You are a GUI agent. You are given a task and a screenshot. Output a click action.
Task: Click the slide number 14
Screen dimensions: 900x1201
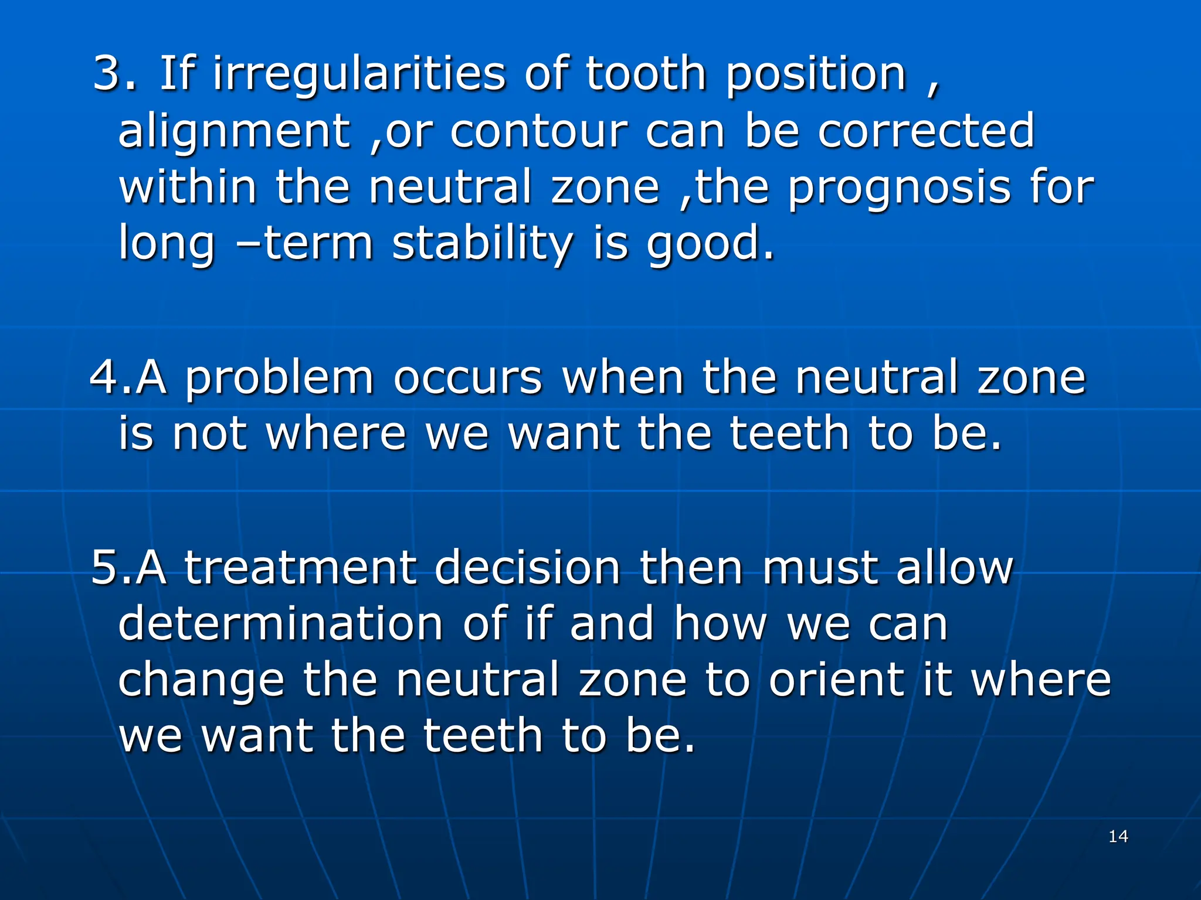pos(1118,836)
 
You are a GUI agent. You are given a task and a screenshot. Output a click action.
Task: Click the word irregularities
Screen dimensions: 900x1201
pos(359,75)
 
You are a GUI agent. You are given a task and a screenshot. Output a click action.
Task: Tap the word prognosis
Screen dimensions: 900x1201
pos(899,189)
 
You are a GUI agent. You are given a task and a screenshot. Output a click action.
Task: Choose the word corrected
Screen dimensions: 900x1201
pos(926,131)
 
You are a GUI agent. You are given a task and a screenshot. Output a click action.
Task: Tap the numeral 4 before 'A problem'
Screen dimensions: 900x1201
pos(103,378)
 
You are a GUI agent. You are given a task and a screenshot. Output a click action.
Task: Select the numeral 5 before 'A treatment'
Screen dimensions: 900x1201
pos(104,568)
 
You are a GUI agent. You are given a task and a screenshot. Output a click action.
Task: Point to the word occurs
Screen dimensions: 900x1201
pos(467,379)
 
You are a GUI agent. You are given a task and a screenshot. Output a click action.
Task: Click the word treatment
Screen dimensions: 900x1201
pos(300,568)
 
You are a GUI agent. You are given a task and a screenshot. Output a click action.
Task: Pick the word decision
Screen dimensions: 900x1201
pos(527,568)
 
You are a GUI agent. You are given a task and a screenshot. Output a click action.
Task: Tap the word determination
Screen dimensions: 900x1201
pos(280,624)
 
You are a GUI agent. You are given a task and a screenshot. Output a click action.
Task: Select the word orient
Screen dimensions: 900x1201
pos(836,680)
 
